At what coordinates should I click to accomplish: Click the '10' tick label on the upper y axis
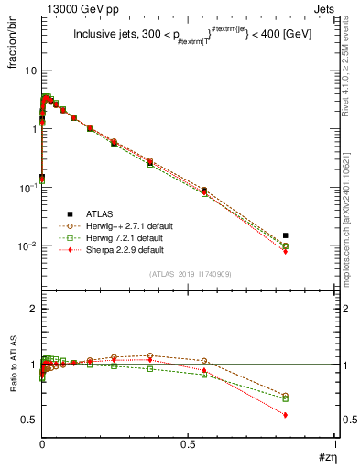click(30, 71)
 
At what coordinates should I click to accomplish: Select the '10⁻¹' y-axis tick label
click(27, 188)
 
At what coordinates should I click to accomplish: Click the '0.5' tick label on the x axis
click(190, 443)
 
